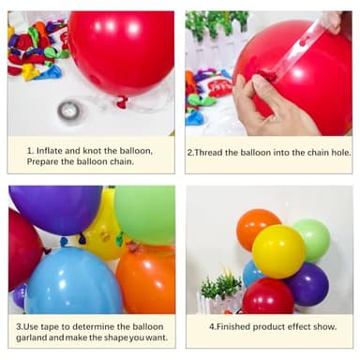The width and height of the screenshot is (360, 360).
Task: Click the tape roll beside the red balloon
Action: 68,111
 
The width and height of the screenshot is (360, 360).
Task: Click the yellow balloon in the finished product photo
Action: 278,250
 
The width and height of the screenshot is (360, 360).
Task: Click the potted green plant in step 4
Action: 221,291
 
